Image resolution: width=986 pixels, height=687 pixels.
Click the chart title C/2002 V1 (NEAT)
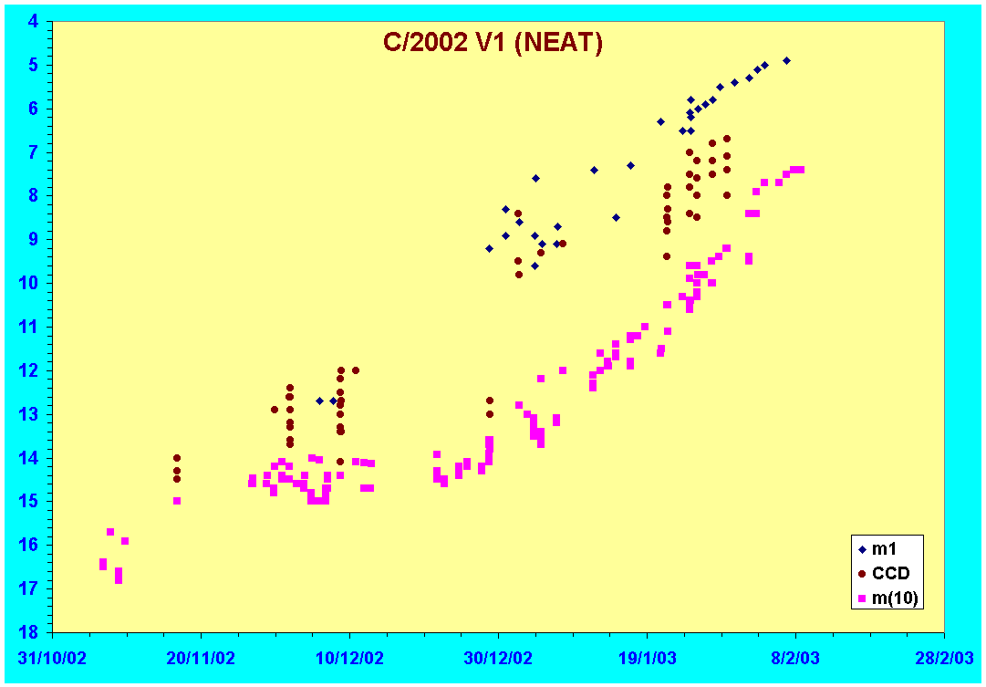493,42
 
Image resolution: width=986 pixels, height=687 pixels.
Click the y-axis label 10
29,284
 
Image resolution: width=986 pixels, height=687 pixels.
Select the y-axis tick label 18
29,632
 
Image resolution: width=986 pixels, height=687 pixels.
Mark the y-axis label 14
29,458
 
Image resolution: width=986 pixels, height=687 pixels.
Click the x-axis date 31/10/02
52,658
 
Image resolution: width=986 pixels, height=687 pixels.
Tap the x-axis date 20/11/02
202,658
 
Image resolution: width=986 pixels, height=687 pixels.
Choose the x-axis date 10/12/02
349,658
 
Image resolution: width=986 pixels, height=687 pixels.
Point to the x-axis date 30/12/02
498,658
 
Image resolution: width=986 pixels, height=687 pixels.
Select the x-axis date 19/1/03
648,658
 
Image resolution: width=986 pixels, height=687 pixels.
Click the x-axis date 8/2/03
796,658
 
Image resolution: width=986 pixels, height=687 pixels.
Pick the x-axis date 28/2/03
944,658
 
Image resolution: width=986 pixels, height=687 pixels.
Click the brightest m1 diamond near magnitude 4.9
786,60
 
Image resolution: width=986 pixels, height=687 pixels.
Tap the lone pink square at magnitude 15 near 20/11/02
177,501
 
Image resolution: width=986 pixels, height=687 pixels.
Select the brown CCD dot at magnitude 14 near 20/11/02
177,457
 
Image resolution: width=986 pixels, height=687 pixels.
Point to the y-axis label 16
29,545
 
